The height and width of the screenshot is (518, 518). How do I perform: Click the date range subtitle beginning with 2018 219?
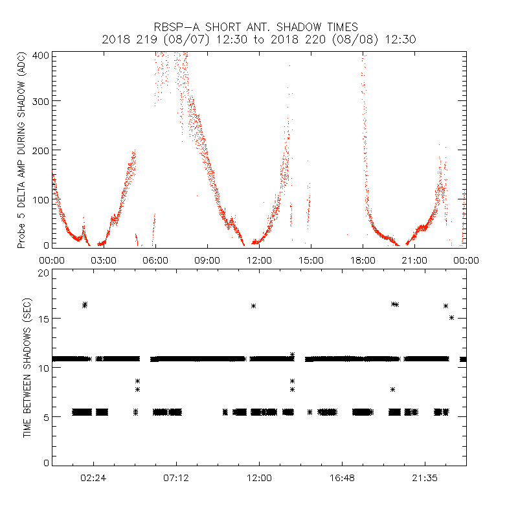point(259,39)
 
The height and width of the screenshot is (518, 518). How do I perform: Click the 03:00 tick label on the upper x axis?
point(104,260)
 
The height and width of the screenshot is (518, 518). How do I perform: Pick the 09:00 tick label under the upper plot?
point(207,260)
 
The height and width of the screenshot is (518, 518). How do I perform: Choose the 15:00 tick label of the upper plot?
point(311,260)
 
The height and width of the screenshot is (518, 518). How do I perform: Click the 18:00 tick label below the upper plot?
point(363,260)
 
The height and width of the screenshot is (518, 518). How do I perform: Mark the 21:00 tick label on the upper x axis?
point(414,260)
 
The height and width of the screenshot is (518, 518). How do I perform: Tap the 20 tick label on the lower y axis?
point(44,273)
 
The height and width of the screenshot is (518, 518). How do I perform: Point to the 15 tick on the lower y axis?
point(44,319)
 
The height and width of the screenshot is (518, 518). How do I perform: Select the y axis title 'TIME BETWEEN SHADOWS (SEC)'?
point(27,368)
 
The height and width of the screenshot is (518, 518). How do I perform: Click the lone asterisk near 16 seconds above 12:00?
point(254,306)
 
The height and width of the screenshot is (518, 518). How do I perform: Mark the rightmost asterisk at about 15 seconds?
point(452,317)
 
